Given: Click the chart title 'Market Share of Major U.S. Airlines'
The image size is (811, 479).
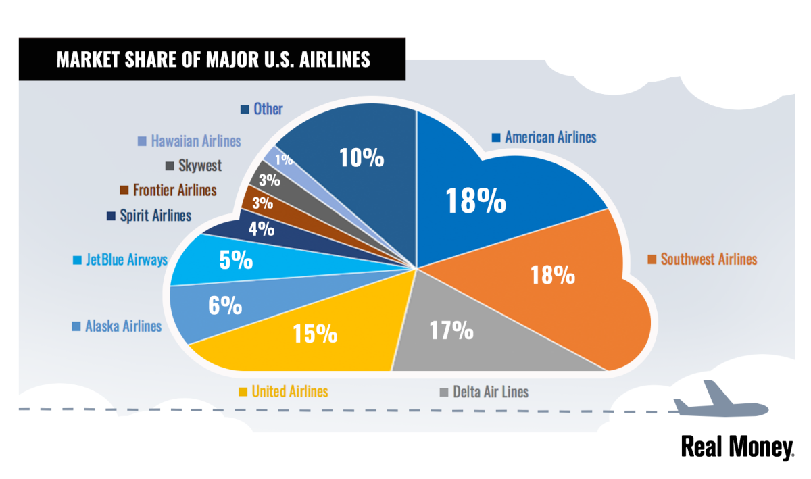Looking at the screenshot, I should (213, 59).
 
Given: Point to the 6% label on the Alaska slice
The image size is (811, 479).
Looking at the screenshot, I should (226, 305).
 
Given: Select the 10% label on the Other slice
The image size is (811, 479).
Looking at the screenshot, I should (361, 157).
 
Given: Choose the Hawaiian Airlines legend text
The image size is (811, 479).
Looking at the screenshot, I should (196, 141).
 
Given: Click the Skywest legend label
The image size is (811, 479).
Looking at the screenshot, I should (200, 166).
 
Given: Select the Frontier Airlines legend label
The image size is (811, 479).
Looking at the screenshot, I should (174, 190).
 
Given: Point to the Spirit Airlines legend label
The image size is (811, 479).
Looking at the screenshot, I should (155, 216).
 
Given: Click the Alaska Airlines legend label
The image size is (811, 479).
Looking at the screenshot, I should (123, 326).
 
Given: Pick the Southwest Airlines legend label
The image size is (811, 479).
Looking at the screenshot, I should (709, 259).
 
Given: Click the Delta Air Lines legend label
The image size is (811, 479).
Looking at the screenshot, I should (491, 392).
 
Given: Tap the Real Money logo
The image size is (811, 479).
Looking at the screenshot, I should (737, 447).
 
